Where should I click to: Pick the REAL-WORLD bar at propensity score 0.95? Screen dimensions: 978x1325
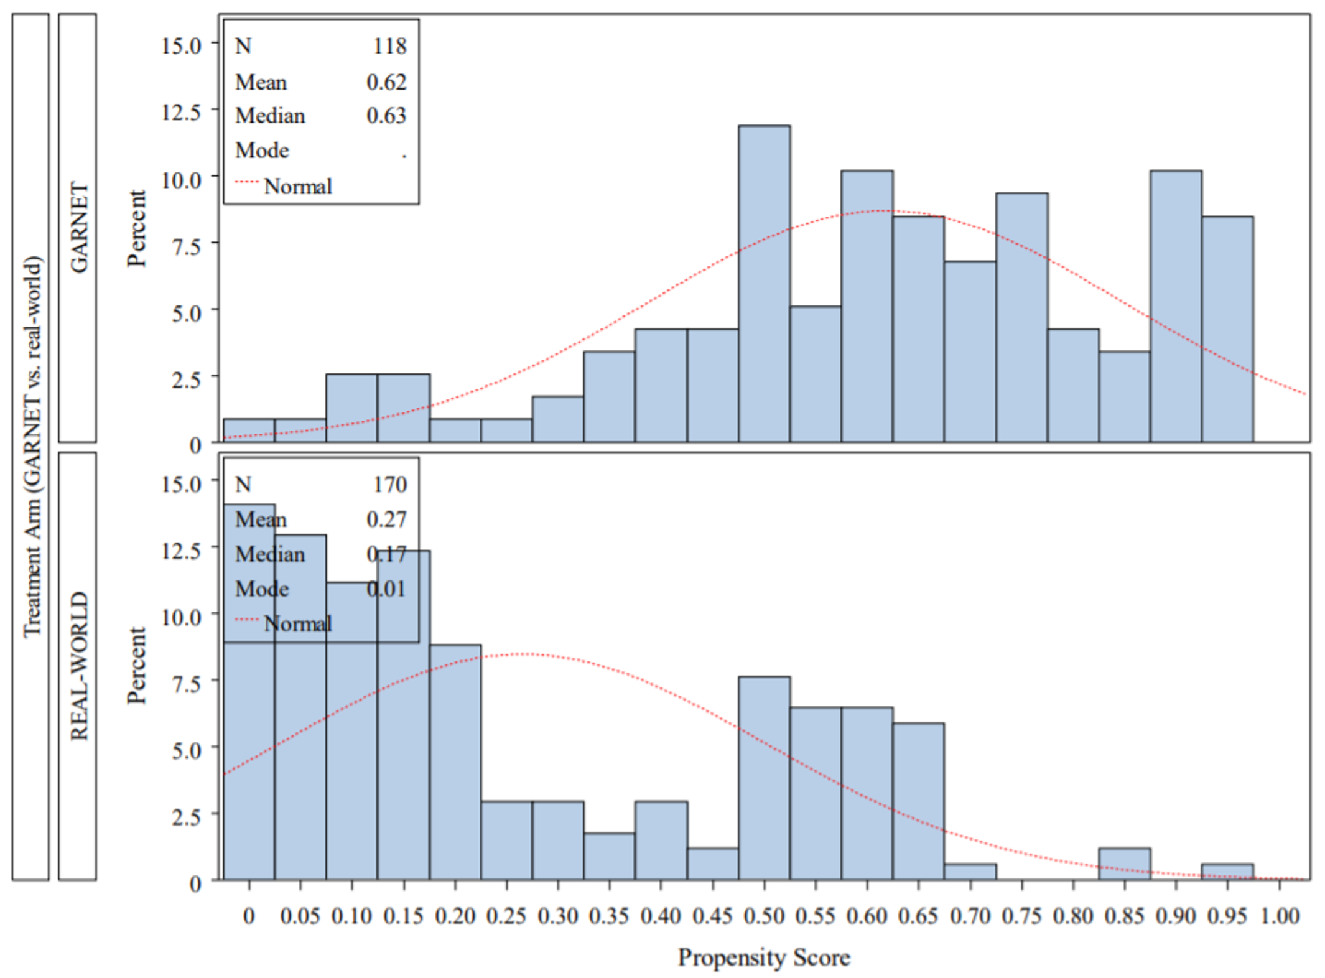point(1227,871)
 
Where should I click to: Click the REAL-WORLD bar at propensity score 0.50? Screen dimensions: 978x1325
point(764,778)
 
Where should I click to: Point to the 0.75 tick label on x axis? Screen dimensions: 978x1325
point(1021,916)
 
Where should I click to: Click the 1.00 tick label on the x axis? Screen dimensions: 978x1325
point(1280,916)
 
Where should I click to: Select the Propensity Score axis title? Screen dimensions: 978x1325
point(763,957)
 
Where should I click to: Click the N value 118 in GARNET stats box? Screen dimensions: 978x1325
point(389,46)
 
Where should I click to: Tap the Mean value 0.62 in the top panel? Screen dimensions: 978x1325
point(386,82)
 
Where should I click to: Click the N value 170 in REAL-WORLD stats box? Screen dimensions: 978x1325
point(389,484)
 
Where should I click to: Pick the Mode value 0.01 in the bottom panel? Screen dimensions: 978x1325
point(386,589)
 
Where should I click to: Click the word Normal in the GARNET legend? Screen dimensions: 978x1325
point(297,186)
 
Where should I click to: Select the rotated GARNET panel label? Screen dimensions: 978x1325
point(78,228)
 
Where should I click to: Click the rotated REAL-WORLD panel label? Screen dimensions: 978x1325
point(78,666)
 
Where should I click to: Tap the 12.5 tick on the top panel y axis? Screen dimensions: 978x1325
point(181,113)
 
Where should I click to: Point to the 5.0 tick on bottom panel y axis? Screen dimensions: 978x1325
point(186,750)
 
